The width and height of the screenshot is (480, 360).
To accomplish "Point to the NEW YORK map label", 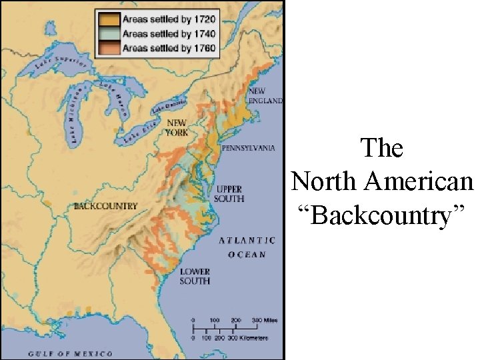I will [x=177, y=127].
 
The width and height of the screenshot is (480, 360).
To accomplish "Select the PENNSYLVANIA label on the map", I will [x=248, y=148].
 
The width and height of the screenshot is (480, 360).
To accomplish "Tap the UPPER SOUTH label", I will [x=229, y=194].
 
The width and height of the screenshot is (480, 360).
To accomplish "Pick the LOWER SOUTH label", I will [x=195, y=276].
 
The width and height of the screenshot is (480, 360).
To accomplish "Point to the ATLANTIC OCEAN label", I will [x=247, y=247].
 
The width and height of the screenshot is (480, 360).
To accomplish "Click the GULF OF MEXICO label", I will [x=70, y=353].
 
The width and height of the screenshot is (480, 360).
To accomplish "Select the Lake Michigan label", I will [x=74, y=115].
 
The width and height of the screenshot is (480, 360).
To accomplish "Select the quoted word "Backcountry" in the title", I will [x=383, y=215].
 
